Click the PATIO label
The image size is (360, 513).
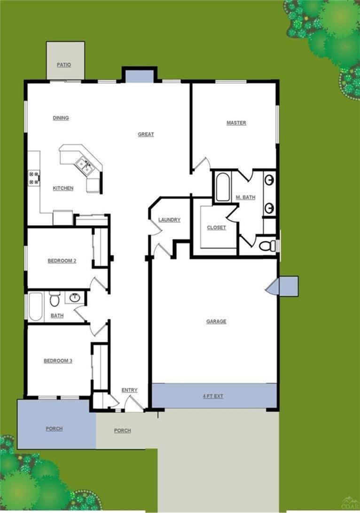(x=64, y=65)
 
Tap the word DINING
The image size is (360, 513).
(x=61, y=118)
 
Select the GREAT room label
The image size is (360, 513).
(x=146, y=134)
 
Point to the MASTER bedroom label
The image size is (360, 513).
(x=236, y=123)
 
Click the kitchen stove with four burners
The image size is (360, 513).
(x=34, y=177)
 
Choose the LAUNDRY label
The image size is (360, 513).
(x=169, y=220)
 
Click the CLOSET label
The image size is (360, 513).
(x=216, y=228)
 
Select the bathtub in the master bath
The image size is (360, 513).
(x=222, y=187)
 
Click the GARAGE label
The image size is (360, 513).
(x=216, y=322)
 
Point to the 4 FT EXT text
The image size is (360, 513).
(x=213, y=396)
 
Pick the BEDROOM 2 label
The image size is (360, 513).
(x=62, y=261)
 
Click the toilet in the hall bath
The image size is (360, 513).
(x=55, y=299)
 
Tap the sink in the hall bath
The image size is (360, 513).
(x=74, y=298)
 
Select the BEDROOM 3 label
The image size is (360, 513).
(x=58, y=361)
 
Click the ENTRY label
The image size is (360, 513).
(x=129, y=390)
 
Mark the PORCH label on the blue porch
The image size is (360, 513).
(x=54, y=429)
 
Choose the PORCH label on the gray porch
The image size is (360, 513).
(x=122, y=431)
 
